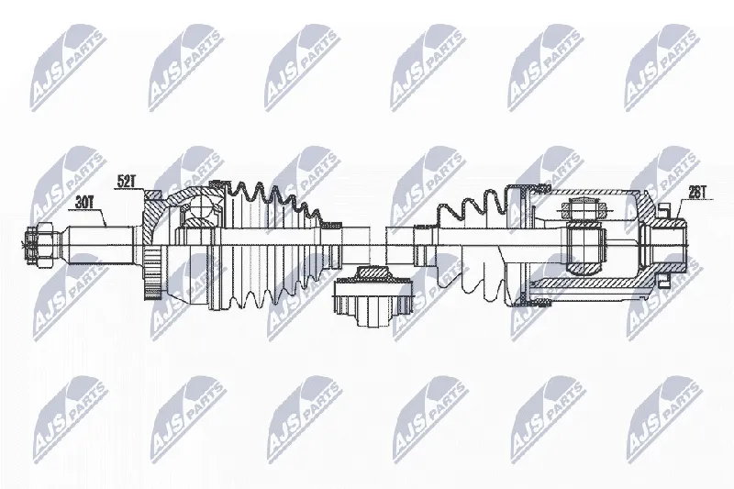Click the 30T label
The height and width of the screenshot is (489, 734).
click(x=83, y=202)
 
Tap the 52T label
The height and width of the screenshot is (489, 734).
click(x=126, y=181)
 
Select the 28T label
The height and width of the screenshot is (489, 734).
click(x=697, y=193)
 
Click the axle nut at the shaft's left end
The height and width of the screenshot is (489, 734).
click(x=40, y=244)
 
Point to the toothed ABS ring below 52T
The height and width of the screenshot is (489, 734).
click(x=152, y=273)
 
